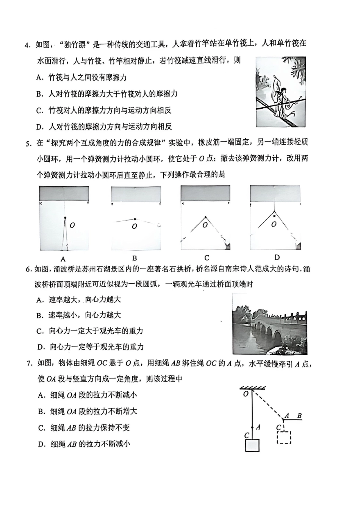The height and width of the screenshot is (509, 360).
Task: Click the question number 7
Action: click(x=29, y=364)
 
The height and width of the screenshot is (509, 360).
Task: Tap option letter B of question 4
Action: click(x=39, y=94)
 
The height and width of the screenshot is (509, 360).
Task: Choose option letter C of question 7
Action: click(x=41, y=428)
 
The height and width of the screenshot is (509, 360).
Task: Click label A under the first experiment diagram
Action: click(x=63, y=259)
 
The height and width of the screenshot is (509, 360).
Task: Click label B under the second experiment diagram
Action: click(x=135, y=258)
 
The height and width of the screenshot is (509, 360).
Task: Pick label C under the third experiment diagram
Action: click(x=207, y=258)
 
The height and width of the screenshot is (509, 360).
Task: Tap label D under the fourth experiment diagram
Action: click(x=277, y=258)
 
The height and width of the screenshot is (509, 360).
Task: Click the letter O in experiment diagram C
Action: click(x=205, y=225)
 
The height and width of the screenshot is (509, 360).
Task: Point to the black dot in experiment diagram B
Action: click(x=135, y=219)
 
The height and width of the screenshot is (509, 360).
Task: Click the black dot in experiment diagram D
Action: click(x=274, y=216)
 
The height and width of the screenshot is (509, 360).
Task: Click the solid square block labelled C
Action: click(x=252, y=445)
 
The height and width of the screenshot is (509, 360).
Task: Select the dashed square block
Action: click(x=284, y=437)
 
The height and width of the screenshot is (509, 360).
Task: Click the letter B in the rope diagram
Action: click(x=299, y=416)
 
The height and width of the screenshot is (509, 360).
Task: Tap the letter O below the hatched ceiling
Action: click(x=246, y=394)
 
